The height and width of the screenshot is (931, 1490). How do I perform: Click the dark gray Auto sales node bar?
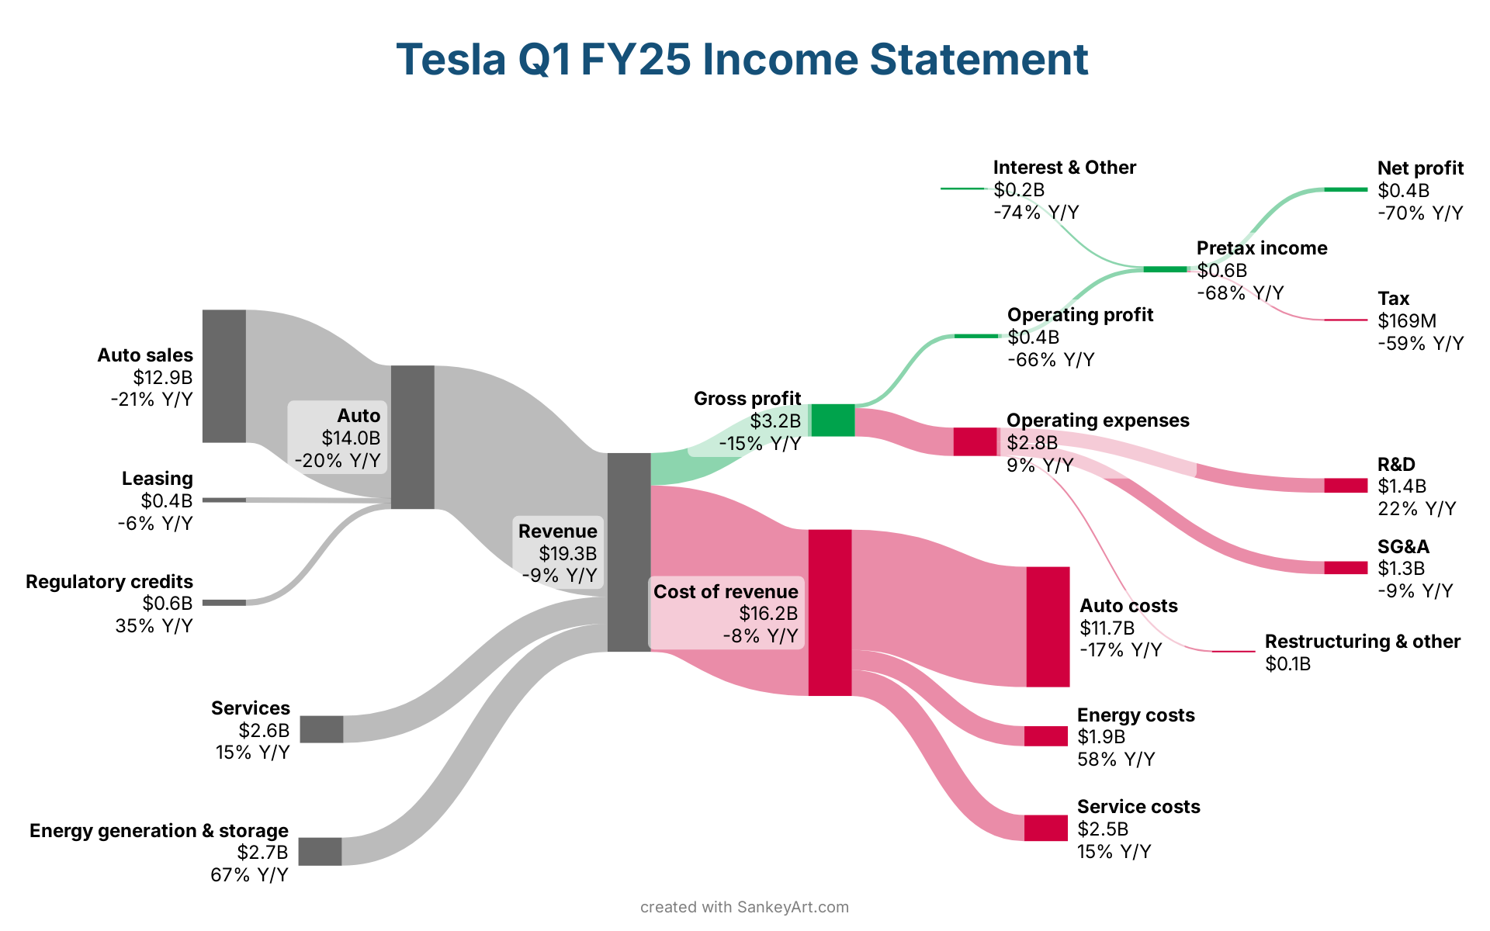click(x=224, y=376)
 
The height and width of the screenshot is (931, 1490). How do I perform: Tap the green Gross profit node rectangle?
click(x=833, y=420)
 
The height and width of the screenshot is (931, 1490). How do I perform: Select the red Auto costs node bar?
click(x=1048, y=627)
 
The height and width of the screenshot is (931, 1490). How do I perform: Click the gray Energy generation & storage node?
click(x=320, y=851)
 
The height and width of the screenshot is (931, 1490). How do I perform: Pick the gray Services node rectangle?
click(x=321, y=729)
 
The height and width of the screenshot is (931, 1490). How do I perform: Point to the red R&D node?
click(x=1346, y=486)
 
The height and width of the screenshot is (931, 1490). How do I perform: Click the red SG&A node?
click(x=1346, y=568)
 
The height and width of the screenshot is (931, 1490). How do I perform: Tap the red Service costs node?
click(x=1046, y=828)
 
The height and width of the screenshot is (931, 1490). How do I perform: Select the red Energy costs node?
click(x=1046, y=736)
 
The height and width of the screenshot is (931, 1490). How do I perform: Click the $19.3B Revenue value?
click(x=568, y=554)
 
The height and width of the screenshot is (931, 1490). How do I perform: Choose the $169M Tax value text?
click(x=1407, y=321)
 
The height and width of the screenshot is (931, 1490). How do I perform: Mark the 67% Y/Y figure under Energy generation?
click(x=249, y=875)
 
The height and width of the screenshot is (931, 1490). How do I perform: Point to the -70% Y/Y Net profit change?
click(x=1420, y=213)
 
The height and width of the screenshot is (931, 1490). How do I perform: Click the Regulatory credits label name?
click(x=109, y=582)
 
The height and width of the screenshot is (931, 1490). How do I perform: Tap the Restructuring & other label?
click(x=1362, y=642)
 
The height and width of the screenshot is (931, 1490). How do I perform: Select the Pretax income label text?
click(x=1261, y=248)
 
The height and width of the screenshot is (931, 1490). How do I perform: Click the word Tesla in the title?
click(x=451, y=60)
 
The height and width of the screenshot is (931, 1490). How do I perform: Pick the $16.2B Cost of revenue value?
click(x=768, y=614)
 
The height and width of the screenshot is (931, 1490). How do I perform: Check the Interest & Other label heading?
click(x=1064, y=168)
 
